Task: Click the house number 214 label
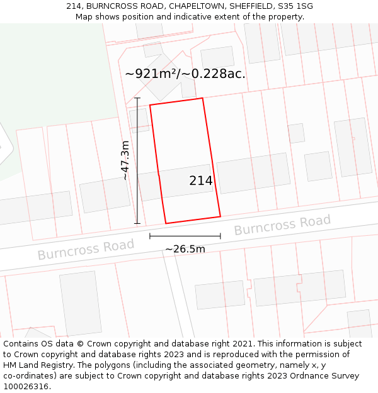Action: point(201,181)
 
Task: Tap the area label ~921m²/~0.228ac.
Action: point(185,74)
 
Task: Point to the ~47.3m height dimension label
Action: point(125,160)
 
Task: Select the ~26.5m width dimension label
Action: point(185,249)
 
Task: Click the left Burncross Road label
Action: point(86,249)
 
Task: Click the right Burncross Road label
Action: point(282,224)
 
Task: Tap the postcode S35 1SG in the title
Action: point(295,6)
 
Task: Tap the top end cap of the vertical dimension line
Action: point(137,98)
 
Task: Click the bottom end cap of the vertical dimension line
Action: point(137,223)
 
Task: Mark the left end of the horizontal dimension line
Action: point(150,236)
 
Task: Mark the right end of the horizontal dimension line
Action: point(220,236)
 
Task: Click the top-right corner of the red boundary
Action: point(202,98)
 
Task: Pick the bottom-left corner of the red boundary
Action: point(166,223)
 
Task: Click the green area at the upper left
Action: point(50,75)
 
